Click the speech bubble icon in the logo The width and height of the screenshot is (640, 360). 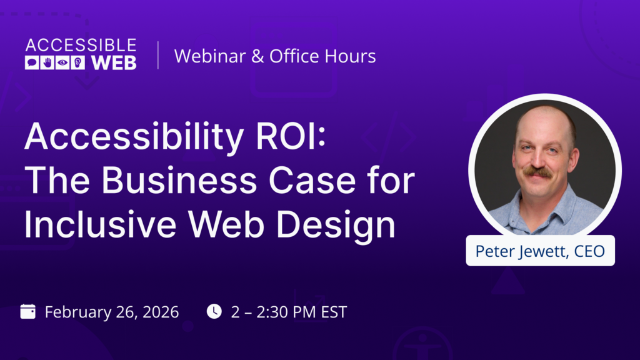32,62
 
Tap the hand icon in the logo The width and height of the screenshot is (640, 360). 47,62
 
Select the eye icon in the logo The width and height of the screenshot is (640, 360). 62,62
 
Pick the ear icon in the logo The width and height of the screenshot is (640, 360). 77,62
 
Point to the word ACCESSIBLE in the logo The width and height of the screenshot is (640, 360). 81,45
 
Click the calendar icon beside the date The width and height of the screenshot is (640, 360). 28,311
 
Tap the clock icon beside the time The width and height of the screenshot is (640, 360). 214,311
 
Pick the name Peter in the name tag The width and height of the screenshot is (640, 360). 494,251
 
